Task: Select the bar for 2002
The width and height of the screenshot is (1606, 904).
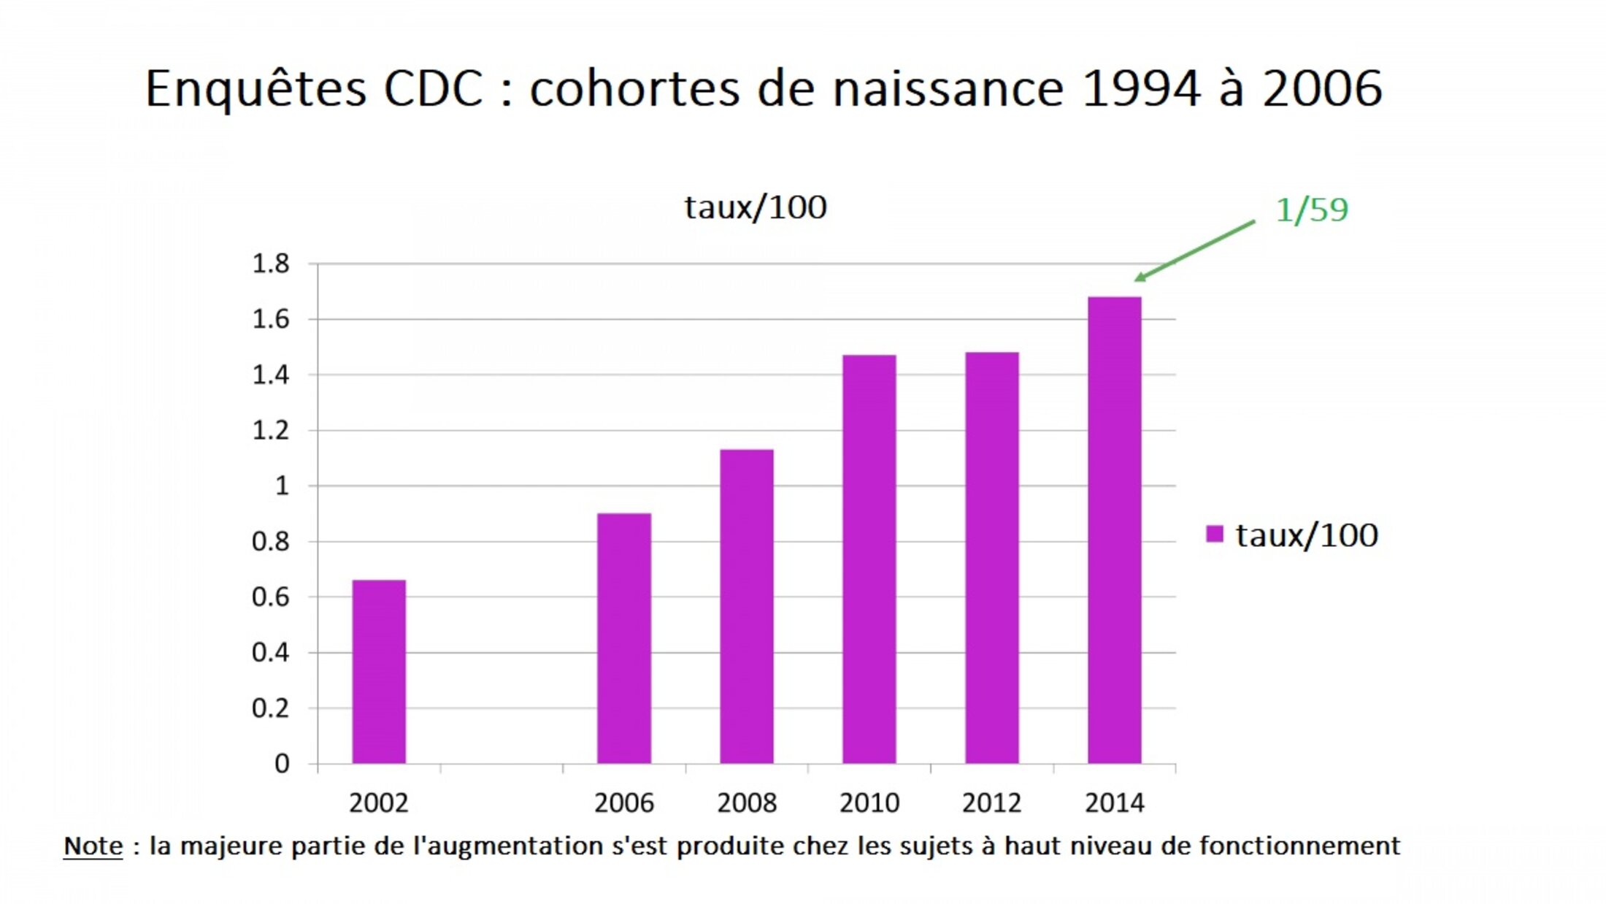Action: pyautogui.click(x=379, y=672)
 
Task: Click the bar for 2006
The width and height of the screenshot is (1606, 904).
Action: pyautogui.click(x=624, y=638)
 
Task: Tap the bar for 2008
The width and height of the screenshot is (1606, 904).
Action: pyautogui.click(x=747, y=606)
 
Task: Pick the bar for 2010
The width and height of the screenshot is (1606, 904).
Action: pyautogui.click(x=869, y=559)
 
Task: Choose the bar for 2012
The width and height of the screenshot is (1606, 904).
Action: pyautogui.click(x=992, y=558)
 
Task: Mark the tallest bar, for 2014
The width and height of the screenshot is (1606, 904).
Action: pyautogui.click(x=1115, y=530)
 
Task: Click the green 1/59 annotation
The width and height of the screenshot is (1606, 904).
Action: pyautogui.click(x=1311, y=210)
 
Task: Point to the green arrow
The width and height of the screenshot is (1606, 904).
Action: pyautogui.click(x=1194, y=250)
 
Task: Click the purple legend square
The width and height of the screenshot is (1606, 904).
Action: pyautogui.click(x=1215, y=535)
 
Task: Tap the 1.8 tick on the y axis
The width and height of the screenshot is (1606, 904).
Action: pyautogui.click(x=271, y=264)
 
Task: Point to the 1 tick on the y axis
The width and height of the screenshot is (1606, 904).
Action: pyautogui.click(x=282, y=486)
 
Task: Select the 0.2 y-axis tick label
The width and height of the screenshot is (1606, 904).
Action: pyautogui.click(x=271, y=708)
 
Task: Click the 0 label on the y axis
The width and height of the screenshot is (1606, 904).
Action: pyautogui.click(x=282, y=764)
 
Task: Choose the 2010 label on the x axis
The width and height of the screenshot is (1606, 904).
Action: pyautogui.click(x=869, y=803)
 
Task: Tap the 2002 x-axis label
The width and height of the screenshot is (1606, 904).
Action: pyautogui.click(x=379, y=803)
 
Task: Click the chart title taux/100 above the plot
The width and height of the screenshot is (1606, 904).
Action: pyautogui.click(x=756, y=207)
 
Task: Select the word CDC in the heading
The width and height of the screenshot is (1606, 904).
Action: pyautogui.click(x=434, y=89)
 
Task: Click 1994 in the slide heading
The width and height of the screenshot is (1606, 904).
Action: pyautogui.click(x=1141, y=89)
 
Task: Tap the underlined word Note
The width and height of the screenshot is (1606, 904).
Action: pyautogui.click(x=93, y=846)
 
